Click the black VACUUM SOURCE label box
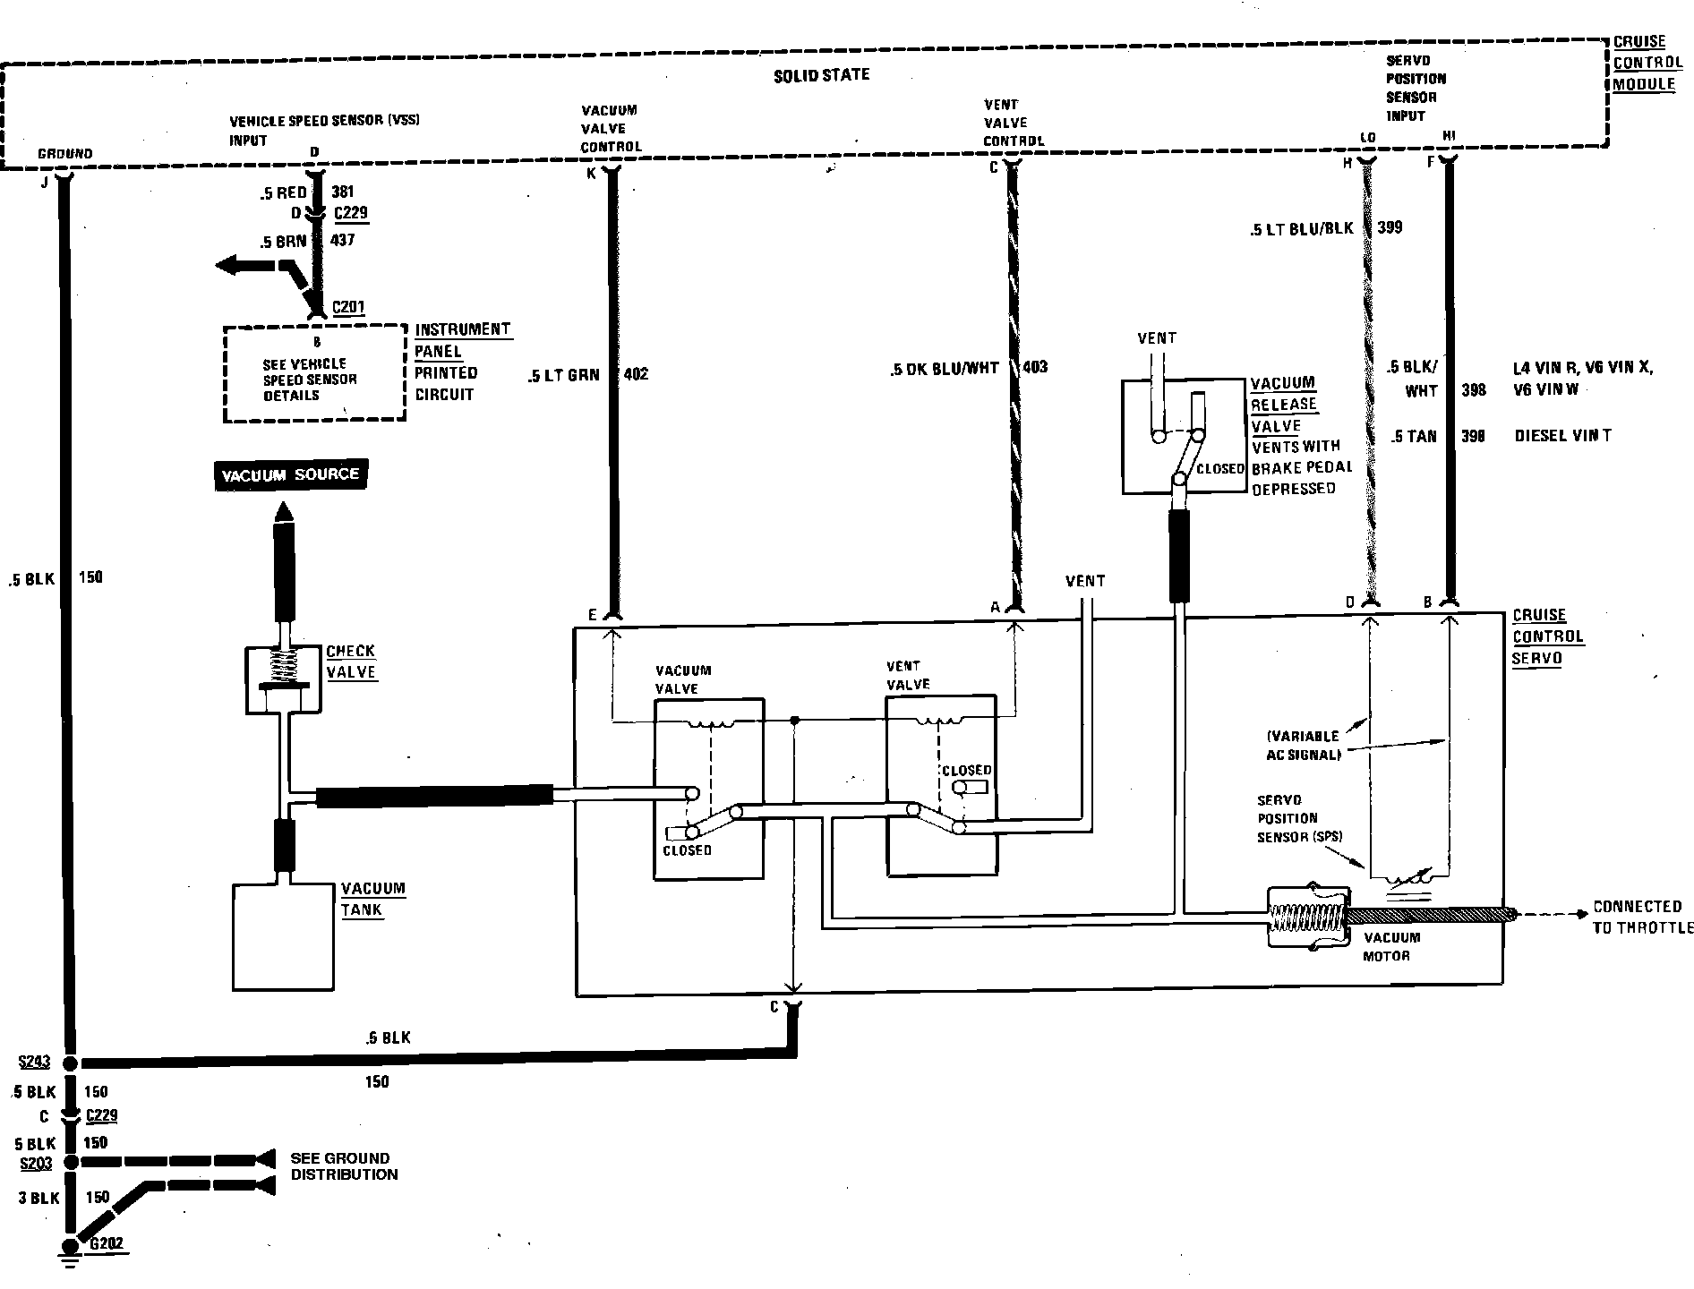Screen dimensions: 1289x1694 pyautogui.click(x=290, y=474)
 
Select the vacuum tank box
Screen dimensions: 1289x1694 pyautogui.click(x=283, y=936)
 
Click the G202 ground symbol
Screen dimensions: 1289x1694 pyautogui.click(x=69, y=1248)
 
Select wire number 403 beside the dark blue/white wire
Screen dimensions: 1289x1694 pyautogui.click(x=1034, y=367)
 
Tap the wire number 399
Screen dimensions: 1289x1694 pyautogui.click(x=1390, y=228)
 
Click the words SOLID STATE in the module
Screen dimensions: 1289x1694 pyautogui.click(x=821, y=76)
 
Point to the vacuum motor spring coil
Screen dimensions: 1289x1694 pyautogui.click(x=1308, y=919)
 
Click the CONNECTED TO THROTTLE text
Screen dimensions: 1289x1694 pyautogui.click(x=1642, y=918)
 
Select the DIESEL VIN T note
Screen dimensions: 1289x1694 pyautogui.click(x=1562, y=437)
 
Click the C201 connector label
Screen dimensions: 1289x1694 pyautogui.click(x=348, y=307)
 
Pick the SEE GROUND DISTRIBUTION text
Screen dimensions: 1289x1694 pyautogui.click(x=344, y=1166)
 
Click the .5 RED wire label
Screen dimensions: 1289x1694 pyautogui.click(x=284, y=192)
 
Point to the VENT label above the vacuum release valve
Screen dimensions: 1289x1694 pyautogui.click(x=1156, y=338)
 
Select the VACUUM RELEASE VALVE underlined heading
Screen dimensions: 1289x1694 pyautogui.click(x=1283, y=405)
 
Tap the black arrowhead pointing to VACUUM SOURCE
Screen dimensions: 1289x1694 pyautogui.click(x=284, y=512)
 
